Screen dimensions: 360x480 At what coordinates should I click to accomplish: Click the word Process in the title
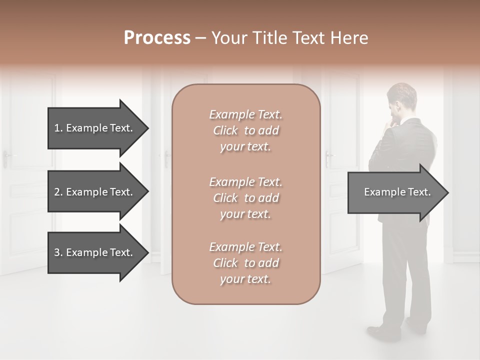(x=157, y=38)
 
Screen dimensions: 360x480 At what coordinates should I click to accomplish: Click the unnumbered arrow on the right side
(x=397, y=192)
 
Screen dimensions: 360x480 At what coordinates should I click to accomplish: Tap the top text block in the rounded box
(x=245, y=130)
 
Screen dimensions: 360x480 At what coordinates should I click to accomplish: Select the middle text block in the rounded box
(x=245, y=198)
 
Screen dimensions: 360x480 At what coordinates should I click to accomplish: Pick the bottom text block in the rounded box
(x=245, y=263)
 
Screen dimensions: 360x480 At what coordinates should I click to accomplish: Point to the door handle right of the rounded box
(x=328, y=158)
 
